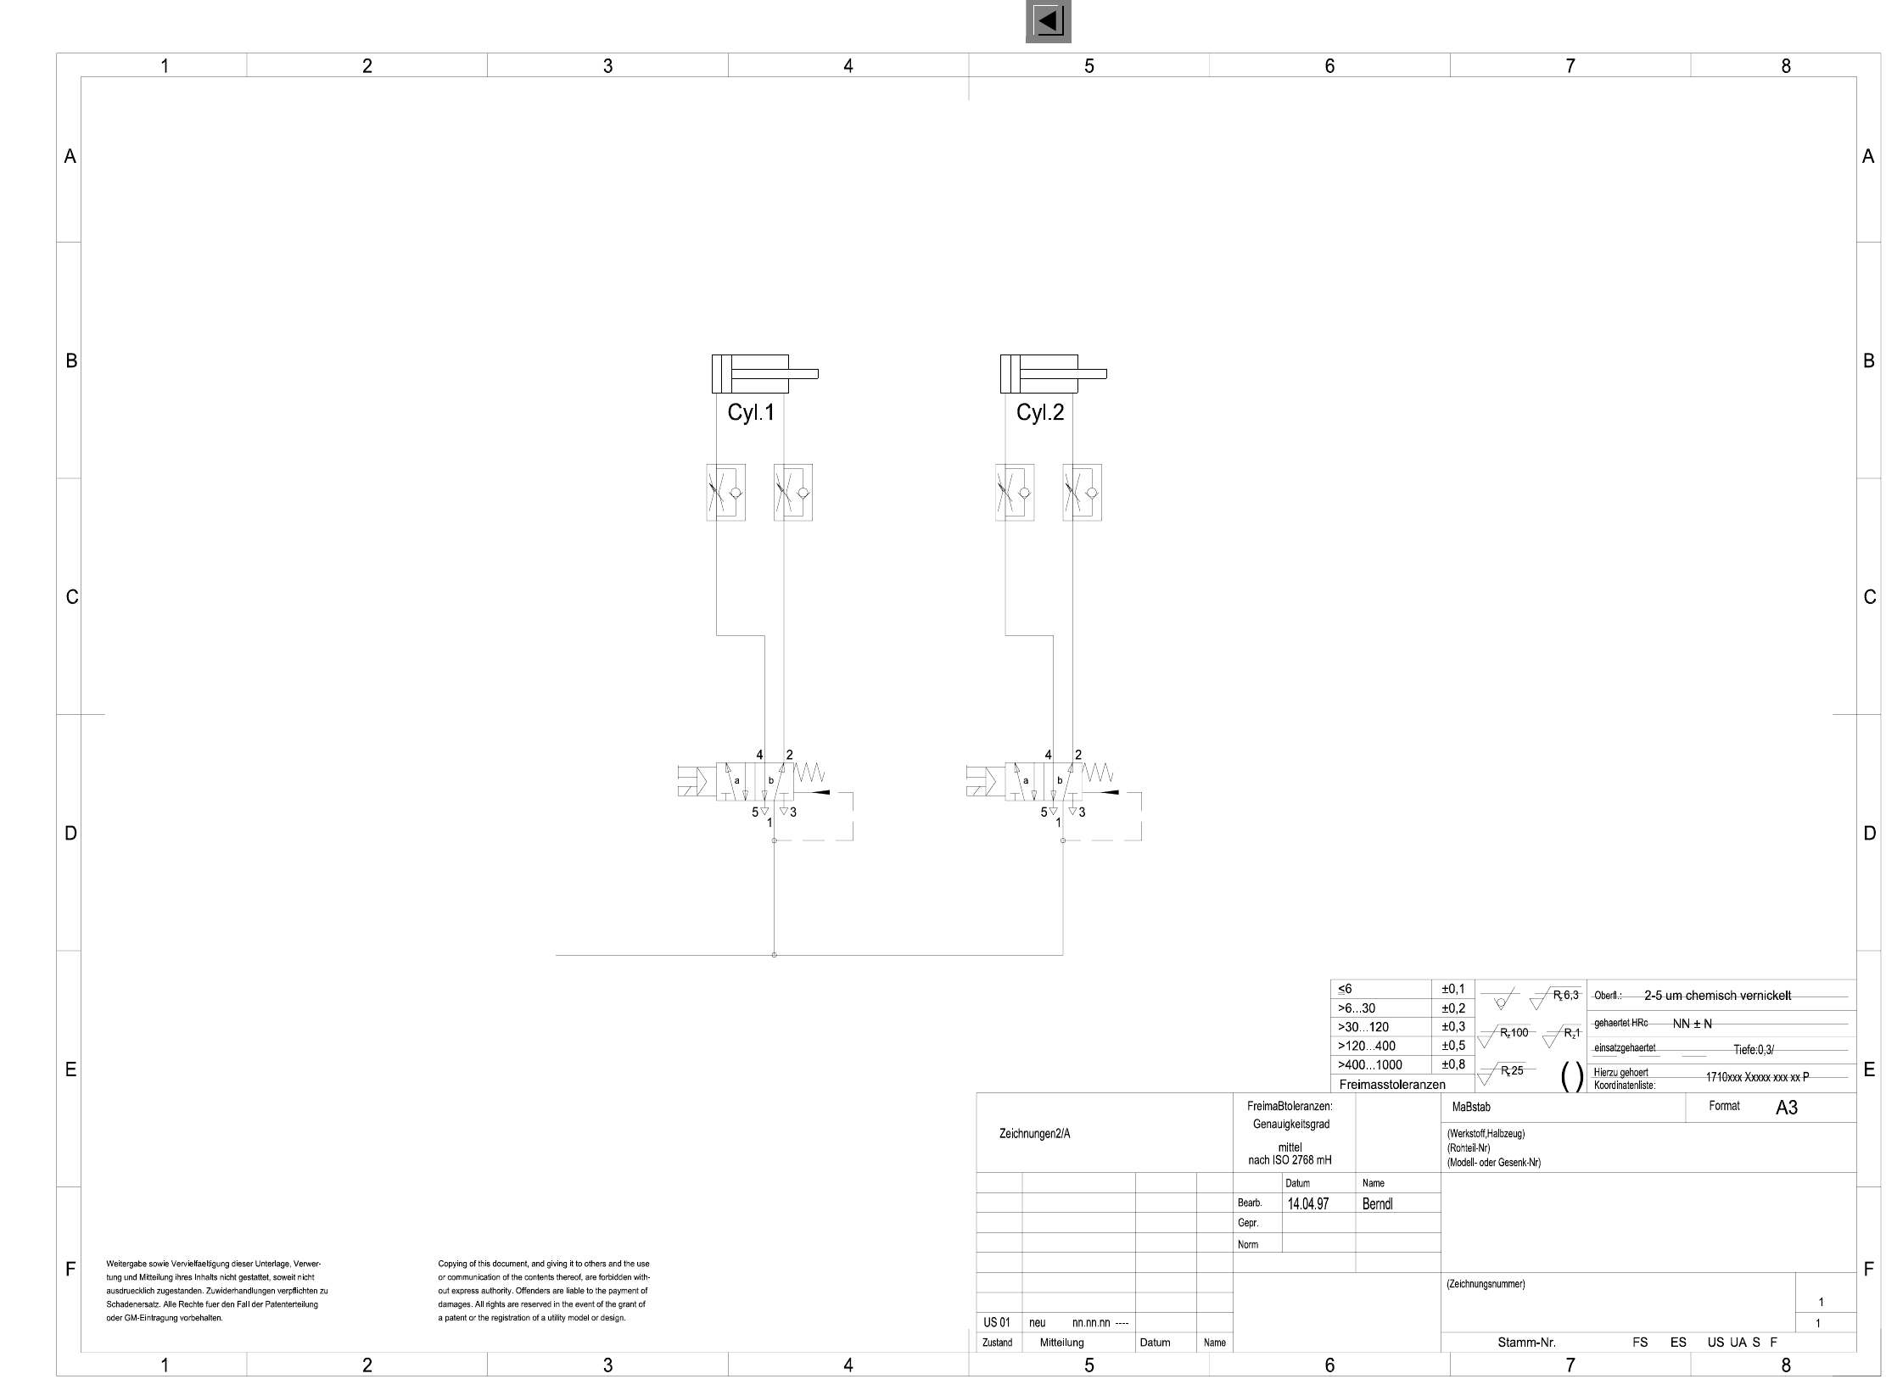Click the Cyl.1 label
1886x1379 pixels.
click(751, 413)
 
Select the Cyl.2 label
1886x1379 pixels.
click(1039, 413)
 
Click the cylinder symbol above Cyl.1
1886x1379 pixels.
click(764, 374)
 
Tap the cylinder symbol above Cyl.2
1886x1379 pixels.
click(1052, 374)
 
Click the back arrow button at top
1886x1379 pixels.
click(1048, 21)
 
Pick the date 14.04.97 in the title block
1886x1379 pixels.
click(1308, 1203)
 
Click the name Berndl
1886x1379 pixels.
click(1377, 1203)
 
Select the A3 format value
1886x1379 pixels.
click(1786, 1108)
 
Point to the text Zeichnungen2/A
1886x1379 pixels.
click(1035, 1134)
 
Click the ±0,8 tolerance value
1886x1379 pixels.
click(1453, 1064)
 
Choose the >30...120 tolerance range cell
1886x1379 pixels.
click(1363, 1027)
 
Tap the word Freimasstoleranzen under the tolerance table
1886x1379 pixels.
click(1392, 1085)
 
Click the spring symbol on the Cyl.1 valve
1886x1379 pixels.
click(809, 773)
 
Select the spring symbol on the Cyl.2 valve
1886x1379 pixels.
click(1098, 773)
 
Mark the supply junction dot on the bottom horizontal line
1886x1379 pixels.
click(774, 955)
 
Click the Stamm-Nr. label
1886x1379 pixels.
click(1526, 1343)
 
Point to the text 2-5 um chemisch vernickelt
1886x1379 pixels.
click(1717, 996)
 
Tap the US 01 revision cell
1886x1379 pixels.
click(997, 1322)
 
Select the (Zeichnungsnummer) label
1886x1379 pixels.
click(1486, 1284)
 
